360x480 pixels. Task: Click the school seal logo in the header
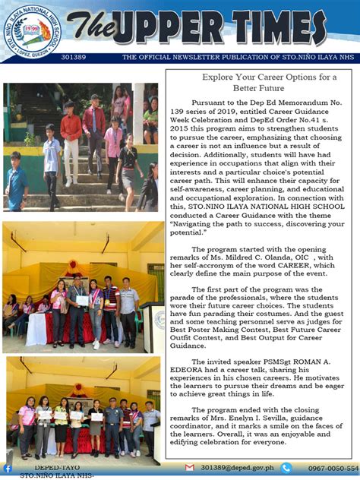[28, 28]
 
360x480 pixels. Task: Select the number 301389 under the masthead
[74, 57]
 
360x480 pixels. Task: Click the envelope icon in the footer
[190, 468]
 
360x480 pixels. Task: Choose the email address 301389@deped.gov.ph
[234, 469]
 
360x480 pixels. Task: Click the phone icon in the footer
[286, 468]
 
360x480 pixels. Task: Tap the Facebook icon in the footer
[7, 469]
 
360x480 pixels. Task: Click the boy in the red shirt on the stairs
[72, 133]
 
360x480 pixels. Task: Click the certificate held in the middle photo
[81, 301]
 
